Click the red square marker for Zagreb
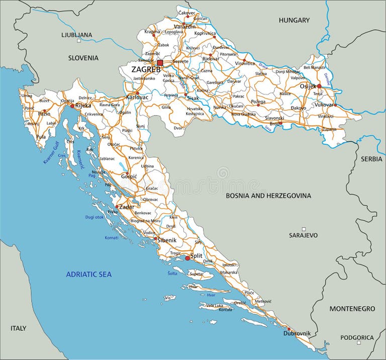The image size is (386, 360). point(160,63)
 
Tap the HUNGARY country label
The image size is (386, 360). point(295,20)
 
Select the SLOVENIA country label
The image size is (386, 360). point(83,58)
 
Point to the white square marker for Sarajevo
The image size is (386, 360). point(304,229)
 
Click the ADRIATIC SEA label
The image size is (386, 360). point(89,274)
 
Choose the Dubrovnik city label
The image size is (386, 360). point(297,333)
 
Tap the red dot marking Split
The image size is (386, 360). point(187,258)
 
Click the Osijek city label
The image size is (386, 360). point(308,86)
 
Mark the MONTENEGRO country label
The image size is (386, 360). point(352,308)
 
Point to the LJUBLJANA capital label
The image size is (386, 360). point(76,35)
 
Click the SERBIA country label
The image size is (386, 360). point(371,158)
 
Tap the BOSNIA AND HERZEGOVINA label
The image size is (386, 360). point(268,196)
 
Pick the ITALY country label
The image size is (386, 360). point(18,328)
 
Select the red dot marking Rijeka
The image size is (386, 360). point(72,106)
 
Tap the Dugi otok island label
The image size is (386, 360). point(94,217)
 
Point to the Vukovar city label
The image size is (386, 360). point(324,105)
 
